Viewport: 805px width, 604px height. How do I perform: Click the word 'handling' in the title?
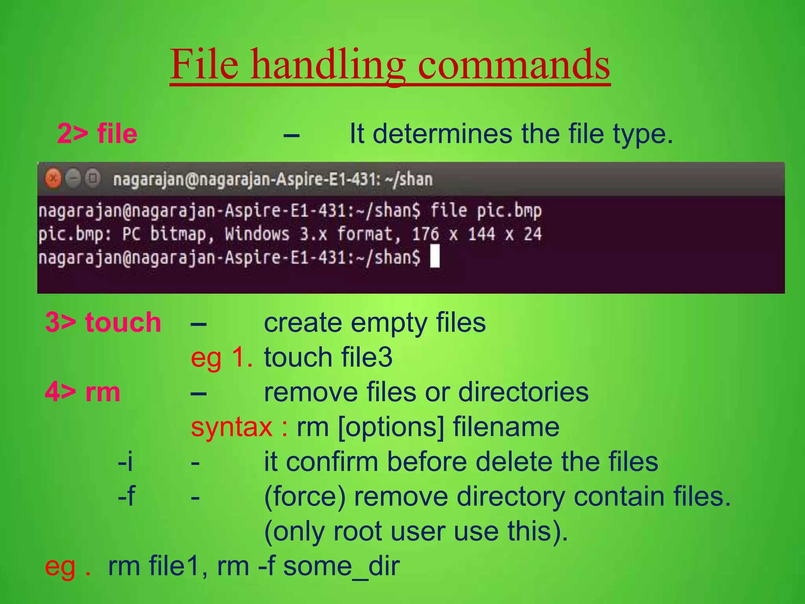point(328,65)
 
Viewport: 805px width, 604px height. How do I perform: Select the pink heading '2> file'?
point(97,134)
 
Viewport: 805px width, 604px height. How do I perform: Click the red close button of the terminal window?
point(53,179)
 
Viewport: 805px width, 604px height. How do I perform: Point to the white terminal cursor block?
point(435,256)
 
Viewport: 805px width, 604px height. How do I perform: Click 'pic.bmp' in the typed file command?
point(509,211)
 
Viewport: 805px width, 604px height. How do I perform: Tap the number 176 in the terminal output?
point(425,234)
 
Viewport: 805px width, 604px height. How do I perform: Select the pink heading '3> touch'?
point(103,322)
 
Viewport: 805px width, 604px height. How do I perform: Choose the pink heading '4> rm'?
point(83,392)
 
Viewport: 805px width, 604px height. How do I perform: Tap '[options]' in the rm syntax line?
point(391,427)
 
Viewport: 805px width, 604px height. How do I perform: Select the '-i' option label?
point(125,462)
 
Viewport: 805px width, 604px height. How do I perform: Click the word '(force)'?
point(305,497)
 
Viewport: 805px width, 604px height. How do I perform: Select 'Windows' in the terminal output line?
point(257,234)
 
